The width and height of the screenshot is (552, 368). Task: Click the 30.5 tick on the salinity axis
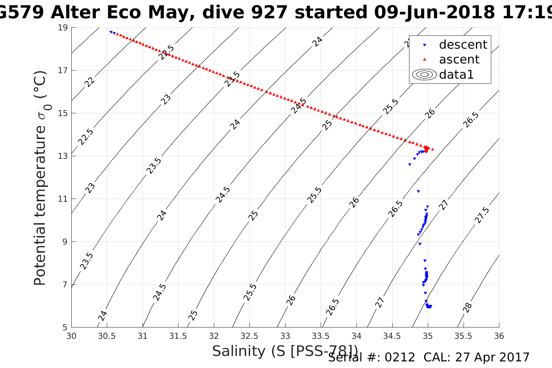[x=107, y=336]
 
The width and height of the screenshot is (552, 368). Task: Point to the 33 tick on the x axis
[x=285, y=336]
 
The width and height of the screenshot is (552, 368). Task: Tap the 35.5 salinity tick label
[x=463, y=336]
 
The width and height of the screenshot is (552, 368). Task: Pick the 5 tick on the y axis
[x=65, y=328]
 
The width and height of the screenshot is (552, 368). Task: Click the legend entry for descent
[x=463, y=45]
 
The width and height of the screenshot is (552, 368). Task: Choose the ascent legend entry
[x=459, y=60]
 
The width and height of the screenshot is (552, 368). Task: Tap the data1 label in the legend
[x=456, y=74]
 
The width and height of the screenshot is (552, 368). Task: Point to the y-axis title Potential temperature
[x=40, y=206]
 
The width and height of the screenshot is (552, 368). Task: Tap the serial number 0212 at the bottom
[x=400, y=357]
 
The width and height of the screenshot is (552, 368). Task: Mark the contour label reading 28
[x=467, y=308]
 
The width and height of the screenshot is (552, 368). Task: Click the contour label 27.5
[x=482, y=215]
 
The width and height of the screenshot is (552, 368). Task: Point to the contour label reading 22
[x=90, y=82]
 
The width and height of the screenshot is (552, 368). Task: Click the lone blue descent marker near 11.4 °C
[x=418, y=191]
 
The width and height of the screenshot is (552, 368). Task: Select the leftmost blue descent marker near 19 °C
[x=111, y=32]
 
